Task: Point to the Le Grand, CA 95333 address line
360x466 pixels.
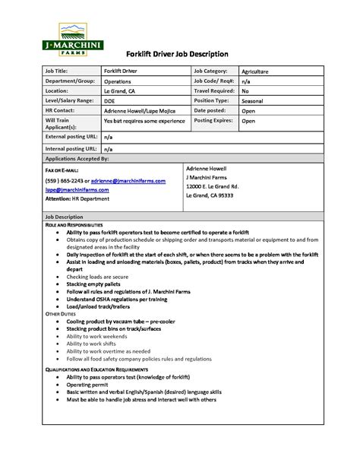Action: (x=210, y=195)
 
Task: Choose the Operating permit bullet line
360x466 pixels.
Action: (x=89, y=385)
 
